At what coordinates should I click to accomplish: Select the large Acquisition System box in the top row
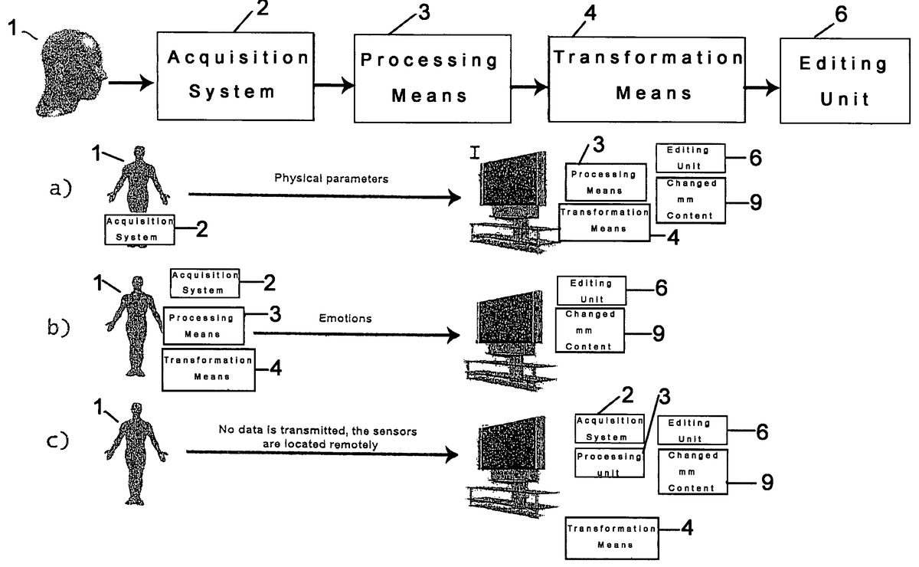(233, 74)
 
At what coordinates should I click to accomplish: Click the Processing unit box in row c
(608, 464)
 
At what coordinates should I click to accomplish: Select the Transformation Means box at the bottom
(611, 536)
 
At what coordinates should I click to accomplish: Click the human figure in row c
(136, 452)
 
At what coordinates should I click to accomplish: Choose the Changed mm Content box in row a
(692, 200)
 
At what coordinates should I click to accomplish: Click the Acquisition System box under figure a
(140, 229)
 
